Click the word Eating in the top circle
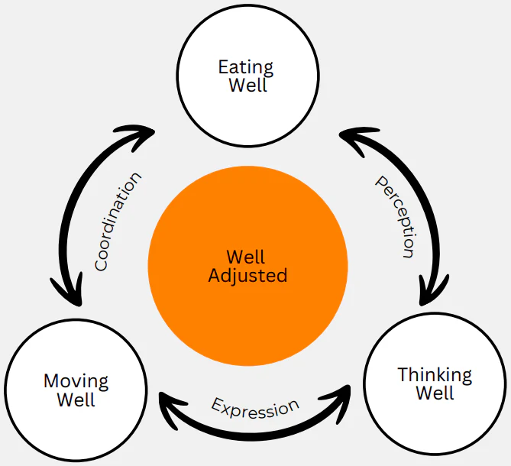pos(246,66)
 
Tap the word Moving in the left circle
pos(76,380)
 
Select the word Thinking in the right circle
pos(435,375)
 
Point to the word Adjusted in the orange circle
pos(247,275)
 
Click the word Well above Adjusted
pos(247,257)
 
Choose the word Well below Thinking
pos(435,393)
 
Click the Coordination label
pos(118,222)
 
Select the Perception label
pos(395,216)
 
